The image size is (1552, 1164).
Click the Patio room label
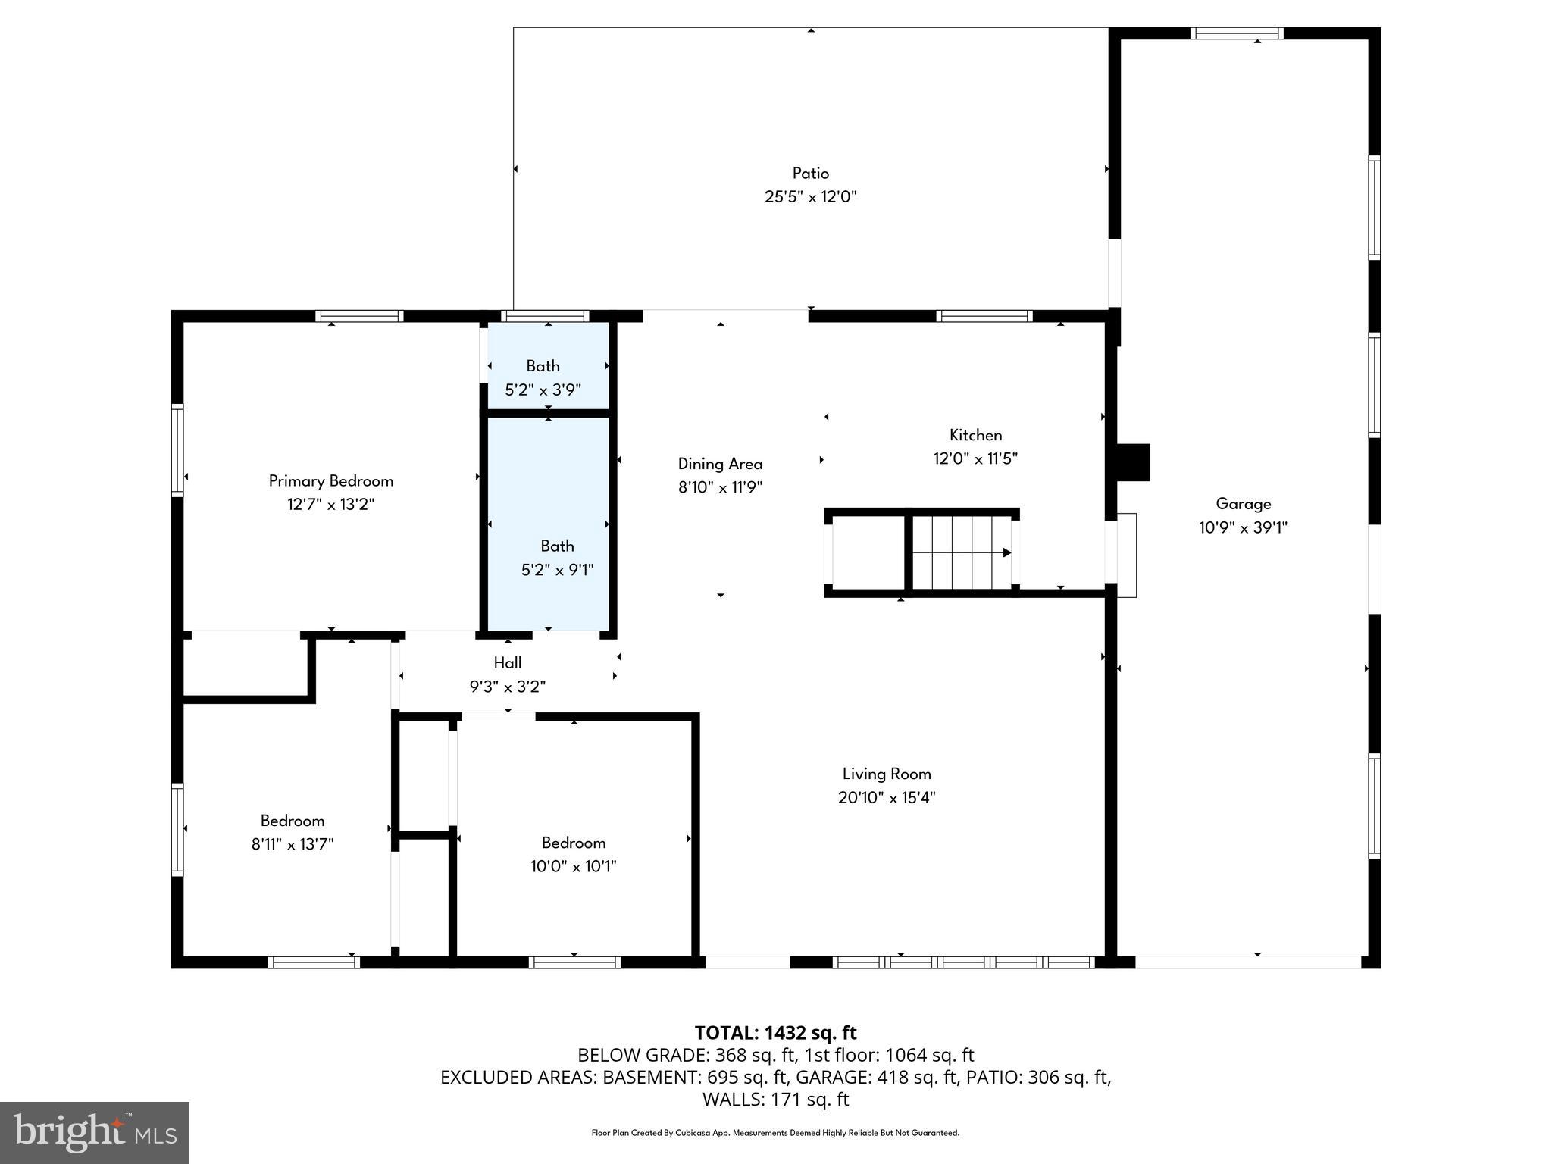[810, 174]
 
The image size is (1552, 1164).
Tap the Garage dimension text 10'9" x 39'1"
[1243, 527]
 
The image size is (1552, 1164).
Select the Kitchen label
[975, 435]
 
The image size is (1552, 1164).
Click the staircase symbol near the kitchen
[961, 552]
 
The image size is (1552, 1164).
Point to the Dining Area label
[720, 464]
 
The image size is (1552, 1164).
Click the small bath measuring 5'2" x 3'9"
[543, 377]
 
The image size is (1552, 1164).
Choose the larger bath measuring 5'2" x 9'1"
[557, 558]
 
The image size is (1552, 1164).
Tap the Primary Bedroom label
[330, 480]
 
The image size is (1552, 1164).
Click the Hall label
[507, 662]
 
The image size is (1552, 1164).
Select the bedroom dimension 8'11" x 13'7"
[293, 844]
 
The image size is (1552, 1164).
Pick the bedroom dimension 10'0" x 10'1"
[573, 866]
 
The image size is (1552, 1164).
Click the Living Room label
[887, 774]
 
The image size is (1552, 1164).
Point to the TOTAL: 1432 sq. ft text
[775, 1033]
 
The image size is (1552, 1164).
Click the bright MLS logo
[95, 1133]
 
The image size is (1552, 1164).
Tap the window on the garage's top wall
[1236, 33]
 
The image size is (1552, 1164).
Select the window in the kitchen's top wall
[984, 316]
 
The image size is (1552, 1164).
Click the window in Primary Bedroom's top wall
[359, 316]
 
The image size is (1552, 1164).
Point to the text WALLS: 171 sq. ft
[775, 1099]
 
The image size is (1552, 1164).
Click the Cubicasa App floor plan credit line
[775, 1133]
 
